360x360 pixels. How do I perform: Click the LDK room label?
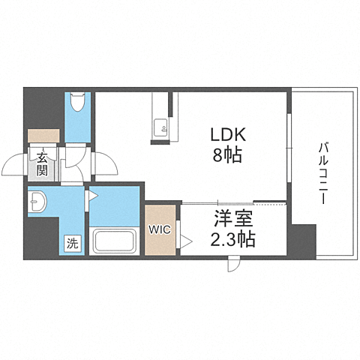coord(228,135)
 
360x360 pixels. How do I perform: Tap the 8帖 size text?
coord(227,154)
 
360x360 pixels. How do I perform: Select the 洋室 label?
coord(233,219)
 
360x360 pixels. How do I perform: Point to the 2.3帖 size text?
coord(232,238)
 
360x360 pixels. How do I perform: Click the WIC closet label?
coord(160,229)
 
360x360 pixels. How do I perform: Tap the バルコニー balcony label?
coord(323,172)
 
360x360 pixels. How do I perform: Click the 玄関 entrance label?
coord(42,164)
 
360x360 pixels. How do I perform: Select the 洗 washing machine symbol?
coord(73,243)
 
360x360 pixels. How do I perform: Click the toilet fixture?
coord(77,102)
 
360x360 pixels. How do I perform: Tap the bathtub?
coord(115,241)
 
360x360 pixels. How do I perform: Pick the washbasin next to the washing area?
coord(37,202)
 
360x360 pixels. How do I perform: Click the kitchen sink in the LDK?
coord(160,127)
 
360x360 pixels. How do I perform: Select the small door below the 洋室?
coord(234,264)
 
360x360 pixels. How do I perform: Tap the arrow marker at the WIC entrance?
coord(186,241)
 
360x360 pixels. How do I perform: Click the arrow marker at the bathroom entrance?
coord(93,196)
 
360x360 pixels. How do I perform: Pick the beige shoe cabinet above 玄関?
coord(43,136)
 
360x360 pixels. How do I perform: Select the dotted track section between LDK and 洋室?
coord(270,203)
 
